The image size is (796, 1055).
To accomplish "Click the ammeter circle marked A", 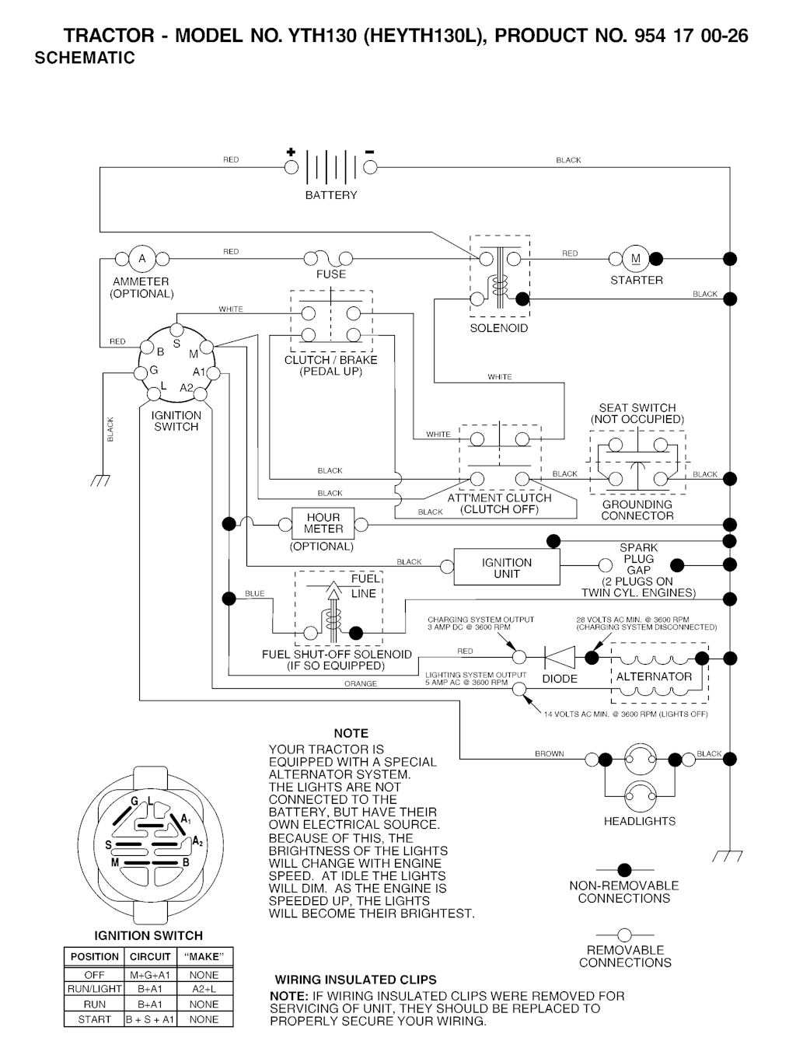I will (x=141, y=259).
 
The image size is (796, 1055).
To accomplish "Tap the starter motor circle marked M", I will (x=635, y=259).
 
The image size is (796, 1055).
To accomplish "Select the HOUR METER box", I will (x=323, y=523).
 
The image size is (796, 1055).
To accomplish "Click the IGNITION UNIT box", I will (x=506, y=568).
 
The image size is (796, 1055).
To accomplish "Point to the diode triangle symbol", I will (x=559, y=658).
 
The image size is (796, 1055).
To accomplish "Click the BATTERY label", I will (x=331, y=195).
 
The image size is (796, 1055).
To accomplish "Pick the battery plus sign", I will (x=291, y=152).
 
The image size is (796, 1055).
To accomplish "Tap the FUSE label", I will (x=331, y=274).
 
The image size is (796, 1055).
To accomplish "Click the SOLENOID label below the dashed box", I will (x=498, y=328).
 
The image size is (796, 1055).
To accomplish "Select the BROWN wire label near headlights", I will (x=549, y=754).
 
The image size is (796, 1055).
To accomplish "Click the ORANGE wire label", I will (x=360, y=684).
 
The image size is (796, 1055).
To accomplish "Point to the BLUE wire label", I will (x=255, y=594).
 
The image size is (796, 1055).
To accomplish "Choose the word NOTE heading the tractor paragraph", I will (x=351, y=733).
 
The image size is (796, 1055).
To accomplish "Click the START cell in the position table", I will (x=94, y=1019).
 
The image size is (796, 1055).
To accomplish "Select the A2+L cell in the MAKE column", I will (x=204, y=990).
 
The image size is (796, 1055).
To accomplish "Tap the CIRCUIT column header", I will (x=150, y=957).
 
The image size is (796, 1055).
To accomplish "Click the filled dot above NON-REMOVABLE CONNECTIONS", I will (x=624, y=870).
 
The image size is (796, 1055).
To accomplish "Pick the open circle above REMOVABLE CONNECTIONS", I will (x=624, y=934).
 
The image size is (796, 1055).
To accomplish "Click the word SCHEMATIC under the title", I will (x=85, y=58).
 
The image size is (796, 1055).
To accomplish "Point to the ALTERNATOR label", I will (x=654, y=677).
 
